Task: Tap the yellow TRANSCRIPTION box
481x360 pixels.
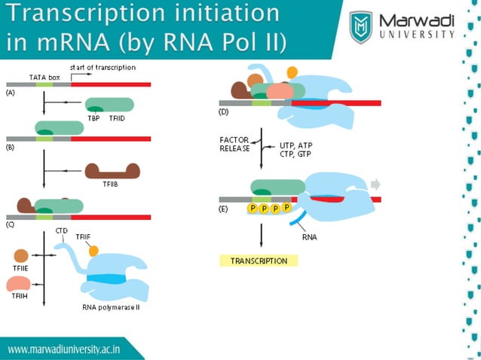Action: (x=259, y=261)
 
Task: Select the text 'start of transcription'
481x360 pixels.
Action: (x=103, y=67)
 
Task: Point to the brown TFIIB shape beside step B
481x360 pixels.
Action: (x=112, y=171)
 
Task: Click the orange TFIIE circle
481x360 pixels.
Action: (x=20, y=256)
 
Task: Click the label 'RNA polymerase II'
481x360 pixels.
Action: (x=111, y=307)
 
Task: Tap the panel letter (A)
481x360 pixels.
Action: (x=10, y=92)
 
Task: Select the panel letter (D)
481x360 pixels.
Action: (x=223, y=111)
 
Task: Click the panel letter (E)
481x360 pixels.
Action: (x=223, y=209)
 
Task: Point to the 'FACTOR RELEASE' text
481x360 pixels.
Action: (x=234, y=144)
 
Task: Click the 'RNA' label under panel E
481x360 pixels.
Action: (x=309, y=236)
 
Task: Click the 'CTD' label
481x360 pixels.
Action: (x=62, y=231)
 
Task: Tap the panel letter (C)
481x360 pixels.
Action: (x=10, y=224)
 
